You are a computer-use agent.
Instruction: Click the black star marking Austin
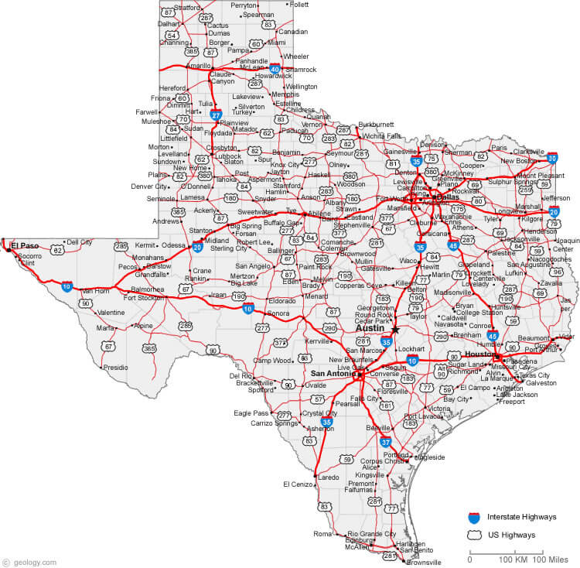(395, 329)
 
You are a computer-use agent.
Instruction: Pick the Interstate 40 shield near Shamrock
(275, 68)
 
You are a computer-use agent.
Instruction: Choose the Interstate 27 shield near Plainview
(217, 114)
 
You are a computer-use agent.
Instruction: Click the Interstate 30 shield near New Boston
(552, 159)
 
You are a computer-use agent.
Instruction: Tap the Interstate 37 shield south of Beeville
(386, 442)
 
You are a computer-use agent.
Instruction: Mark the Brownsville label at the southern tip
(424, 562)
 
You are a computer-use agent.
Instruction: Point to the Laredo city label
(329, 477)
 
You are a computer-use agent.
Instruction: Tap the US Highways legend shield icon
(473, 533)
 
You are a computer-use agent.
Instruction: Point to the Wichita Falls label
(382, 135)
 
